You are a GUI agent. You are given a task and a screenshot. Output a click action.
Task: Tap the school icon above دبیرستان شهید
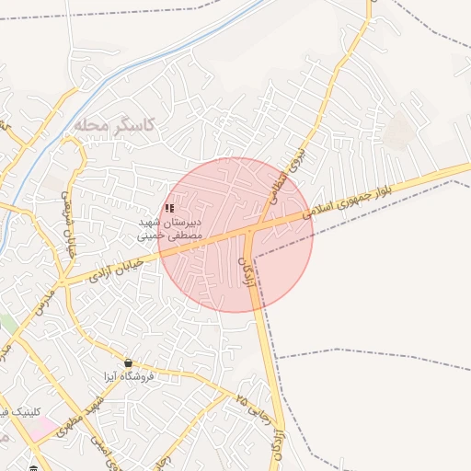click(x=169, y=209)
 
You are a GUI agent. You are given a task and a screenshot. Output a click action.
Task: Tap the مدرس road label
click(x=45, y=302)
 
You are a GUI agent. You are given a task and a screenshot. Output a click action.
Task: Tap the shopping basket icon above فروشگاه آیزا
click(x=128, y=362)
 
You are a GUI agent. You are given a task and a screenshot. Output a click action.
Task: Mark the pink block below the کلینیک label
click(x=40, y=428)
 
